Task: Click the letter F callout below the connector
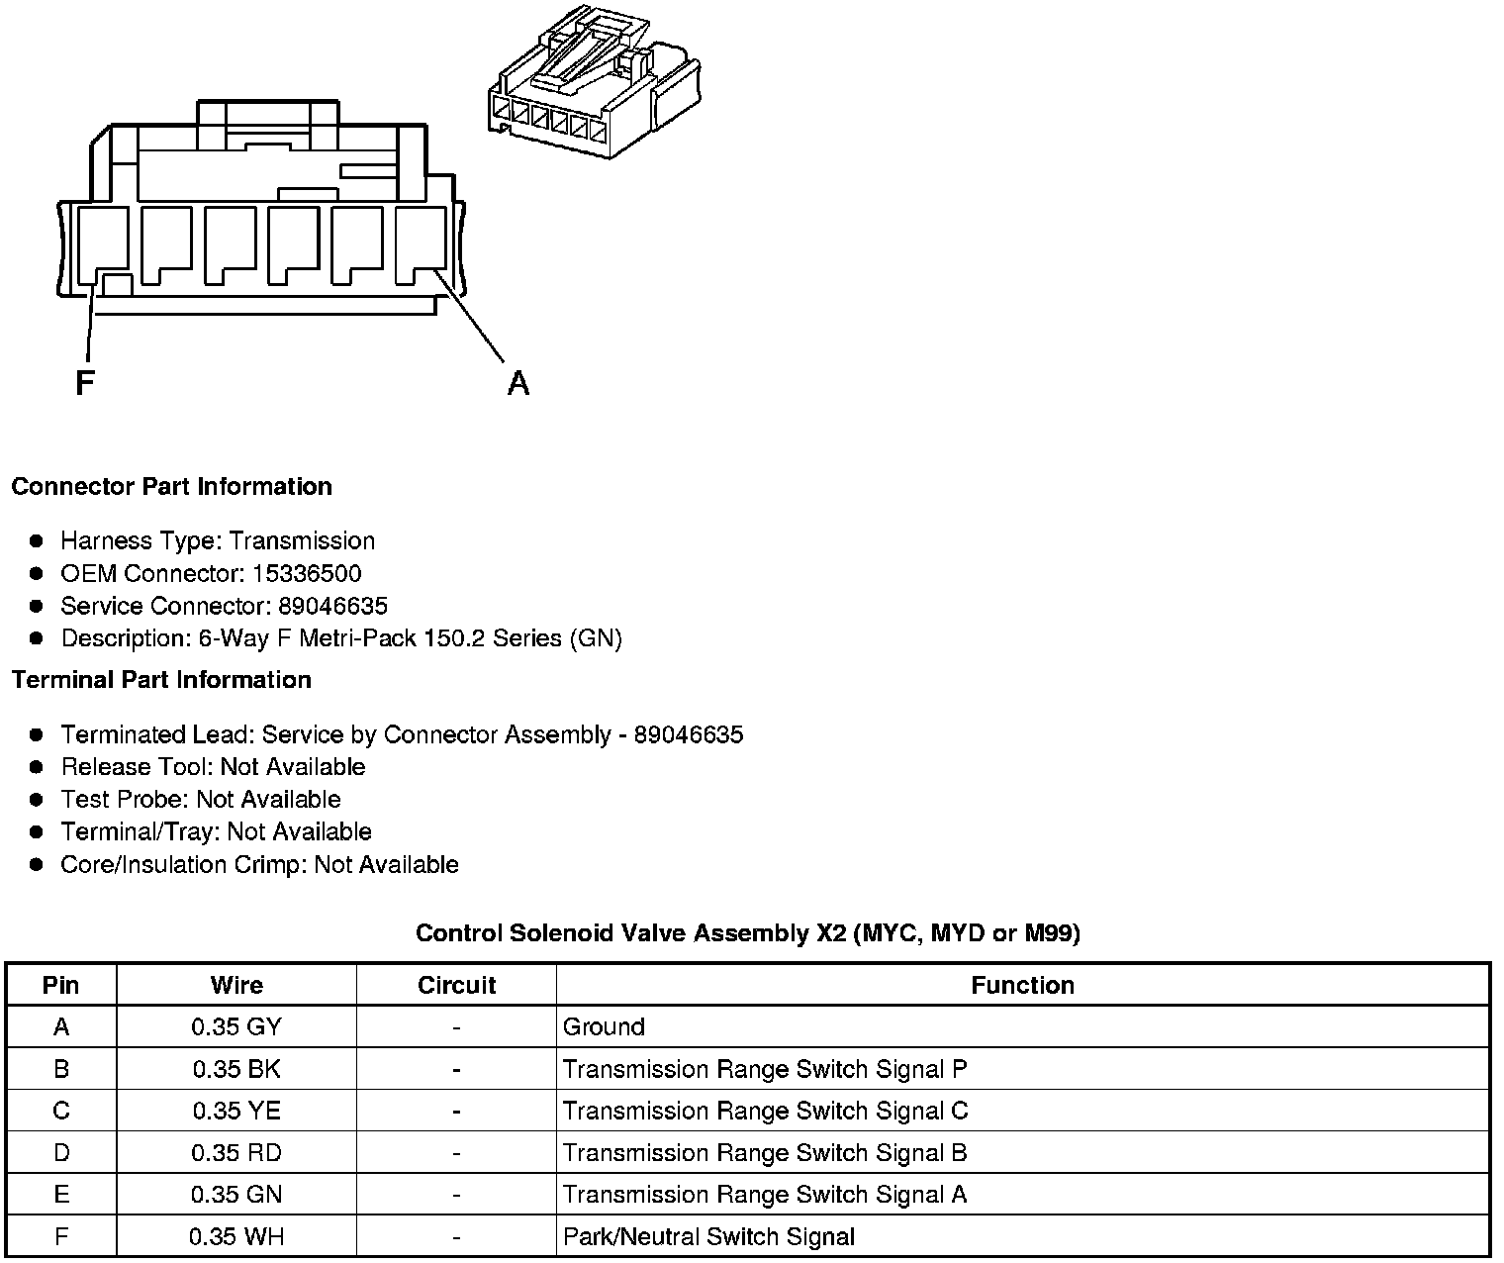click(85, 382)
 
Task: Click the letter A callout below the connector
click(517, 382)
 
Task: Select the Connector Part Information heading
click(171, 487)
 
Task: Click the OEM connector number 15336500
click(306, 574)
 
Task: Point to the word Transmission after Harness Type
click(302, 541)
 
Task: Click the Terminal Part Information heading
click(161, 680)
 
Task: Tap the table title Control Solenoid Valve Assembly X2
click(747, 933)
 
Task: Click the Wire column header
click(236, 986)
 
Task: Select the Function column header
click(1022, 986)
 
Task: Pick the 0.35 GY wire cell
click(236, 1027)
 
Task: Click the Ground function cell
click(604, 1027)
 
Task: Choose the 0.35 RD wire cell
click(236, 1153)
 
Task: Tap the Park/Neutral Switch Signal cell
click(708, 1237)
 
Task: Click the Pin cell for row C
click(61, 1112)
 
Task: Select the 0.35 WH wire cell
click(236, 1237)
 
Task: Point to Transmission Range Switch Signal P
click(765, 1070)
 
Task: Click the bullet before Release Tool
click(37, 767)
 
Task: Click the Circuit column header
click(456, 986)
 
